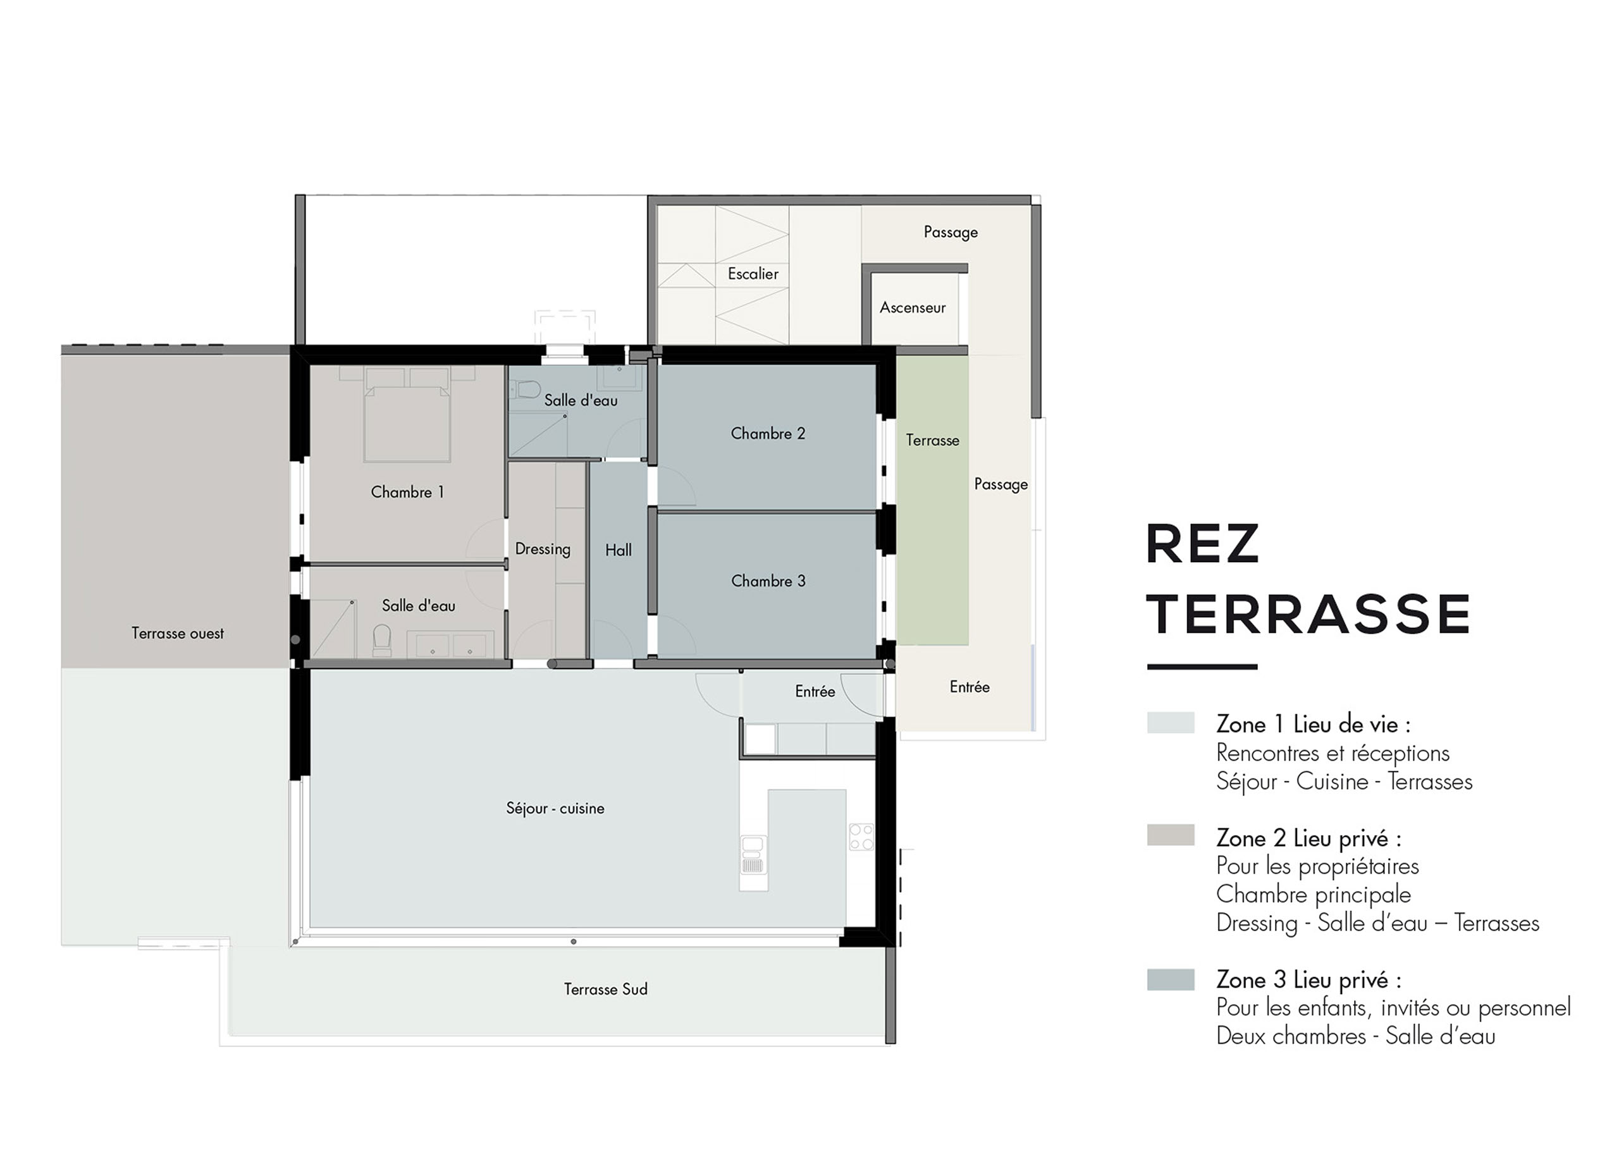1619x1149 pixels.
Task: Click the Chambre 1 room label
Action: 407,492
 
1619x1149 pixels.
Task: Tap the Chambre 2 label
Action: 768,433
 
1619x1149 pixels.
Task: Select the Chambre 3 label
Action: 768,581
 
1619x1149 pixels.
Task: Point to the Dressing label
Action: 543,550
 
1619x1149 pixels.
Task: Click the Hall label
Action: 619,550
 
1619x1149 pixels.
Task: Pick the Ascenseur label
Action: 913,308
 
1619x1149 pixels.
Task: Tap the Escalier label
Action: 753,274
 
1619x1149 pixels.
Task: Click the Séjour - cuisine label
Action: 555,809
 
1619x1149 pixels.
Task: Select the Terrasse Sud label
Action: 606,989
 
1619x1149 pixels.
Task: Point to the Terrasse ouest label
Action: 178,633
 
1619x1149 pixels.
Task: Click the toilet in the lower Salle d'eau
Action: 382,639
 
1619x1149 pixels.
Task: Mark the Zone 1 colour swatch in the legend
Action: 1171,722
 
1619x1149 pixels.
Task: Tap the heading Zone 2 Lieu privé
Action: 1308,838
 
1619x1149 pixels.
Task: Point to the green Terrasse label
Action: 933,440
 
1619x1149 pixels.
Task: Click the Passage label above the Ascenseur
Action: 951,232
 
